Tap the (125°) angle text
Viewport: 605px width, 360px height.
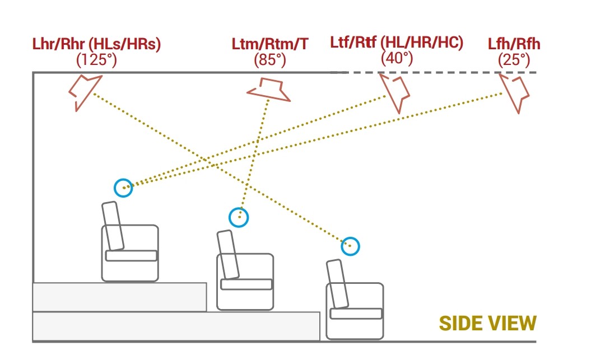tap(97, 60)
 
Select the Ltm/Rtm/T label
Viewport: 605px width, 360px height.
tap(270, 44)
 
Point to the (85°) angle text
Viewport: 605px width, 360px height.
tap(270, 59)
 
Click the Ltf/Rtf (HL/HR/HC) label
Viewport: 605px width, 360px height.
tap(397, 43)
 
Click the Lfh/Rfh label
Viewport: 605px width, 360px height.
tap(514, 44)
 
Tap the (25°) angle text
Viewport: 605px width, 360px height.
tap(514, 59)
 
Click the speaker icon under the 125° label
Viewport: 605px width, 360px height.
tap(84, 91)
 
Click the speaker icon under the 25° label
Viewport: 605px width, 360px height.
tap(515, 92)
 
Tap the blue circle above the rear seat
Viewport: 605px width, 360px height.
tap(123, 188)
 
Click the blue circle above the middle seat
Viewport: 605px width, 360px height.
tap(239, 217)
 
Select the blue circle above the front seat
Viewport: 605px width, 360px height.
tap(350, 246)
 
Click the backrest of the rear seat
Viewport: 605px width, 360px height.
tap(113, 226)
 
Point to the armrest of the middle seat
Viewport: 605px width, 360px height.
tap(246, 284)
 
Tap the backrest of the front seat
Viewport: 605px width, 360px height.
tap(337, 284)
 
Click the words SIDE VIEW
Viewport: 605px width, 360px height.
tap(487, 324)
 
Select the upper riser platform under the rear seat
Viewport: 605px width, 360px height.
tap(119, 297)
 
